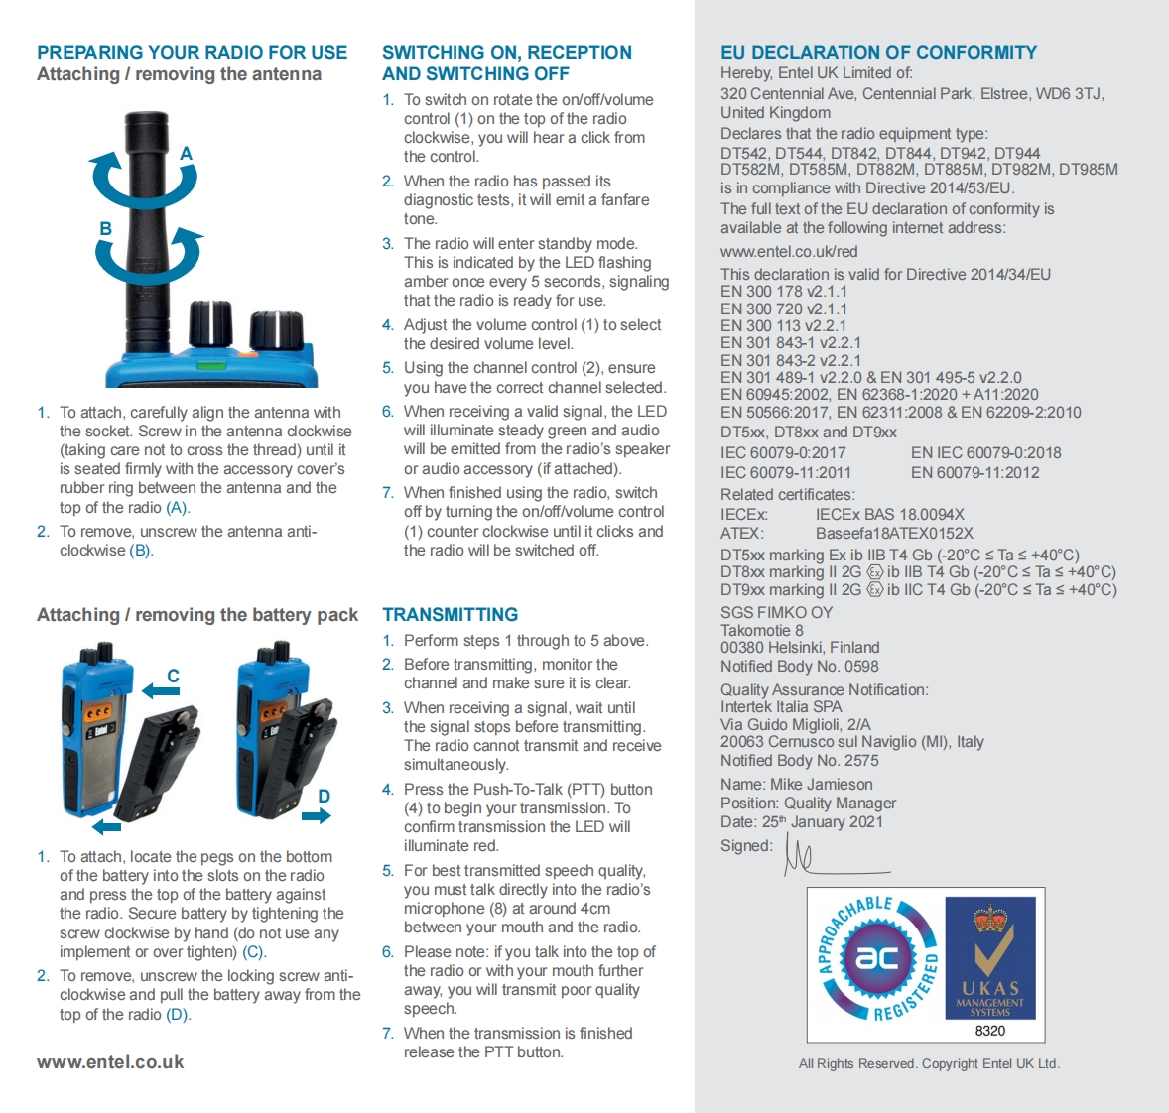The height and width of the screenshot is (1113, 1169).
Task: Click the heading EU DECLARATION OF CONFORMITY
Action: [878, 53]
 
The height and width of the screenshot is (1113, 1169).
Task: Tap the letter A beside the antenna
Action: [186, 154]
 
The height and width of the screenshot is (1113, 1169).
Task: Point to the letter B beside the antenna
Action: [105, 229]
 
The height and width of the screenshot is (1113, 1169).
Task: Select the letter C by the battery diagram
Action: [173, 676]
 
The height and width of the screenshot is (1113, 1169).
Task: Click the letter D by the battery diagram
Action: [324, 796]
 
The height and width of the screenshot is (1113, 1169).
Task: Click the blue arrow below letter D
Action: [317, 816]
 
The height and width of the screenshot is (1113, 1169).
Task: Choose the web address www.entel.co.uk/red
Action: [789, 252]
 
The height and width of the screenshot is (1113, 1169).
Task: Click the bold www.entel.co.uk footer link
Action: [110, 1062]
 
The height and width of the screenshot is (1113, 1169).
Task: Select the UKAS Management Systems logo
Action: [989, 958]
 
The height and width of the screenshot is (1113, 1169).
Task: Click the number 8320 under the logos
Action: [989, 1031]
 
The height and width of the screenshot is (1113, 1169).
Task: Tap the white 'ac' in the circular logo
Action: [876, 957]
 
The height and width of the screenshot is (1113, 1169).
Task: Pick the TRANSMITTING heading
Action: [450, 615]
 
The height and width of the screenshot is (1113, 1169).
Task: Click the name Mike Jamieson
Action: [822, 785]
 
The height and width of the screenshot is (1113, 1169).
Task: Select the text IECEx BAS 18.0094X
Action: [889, 514]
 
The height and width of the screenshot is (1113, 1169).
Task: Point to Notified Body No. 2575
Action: [799, 761]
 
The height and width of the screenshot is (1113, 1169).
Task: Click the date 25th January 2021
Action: [822, 822]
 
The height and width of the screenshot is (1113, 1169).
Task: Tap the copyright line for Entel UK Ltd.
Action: [929, 1064]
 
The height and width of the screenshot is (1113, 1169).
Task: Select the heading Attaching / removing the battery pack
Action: [197, 615]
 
